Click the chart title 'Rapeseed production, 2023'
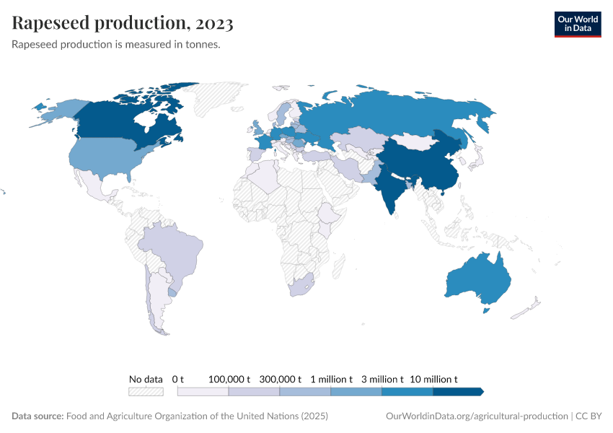pyautogui.click(x=123, y=24)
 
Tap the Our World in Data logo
pyautogui.click(x=577, y=23)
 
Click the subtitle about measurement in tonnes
pyautogui.click(x=116, y=45)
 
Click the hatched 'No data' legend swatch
pyautogui.click(x=146, y=391)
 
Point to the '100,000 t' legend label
pyautogui.click(x=229, y=379)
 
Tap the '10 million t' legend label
pyautogui.click(x=433, y=379)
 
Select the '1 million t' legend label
pyautogui.click(x=331, y=379)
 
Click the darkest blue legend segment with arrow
pyautogui.click(x=458, y=391)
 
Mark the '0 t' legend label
pyautogui.click(x=178, y=379)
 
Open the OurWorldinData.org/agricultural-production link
pyautogui.click(x=477, y=416)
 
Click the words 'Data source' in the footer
pyautogui.click(x=38, y=416)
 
